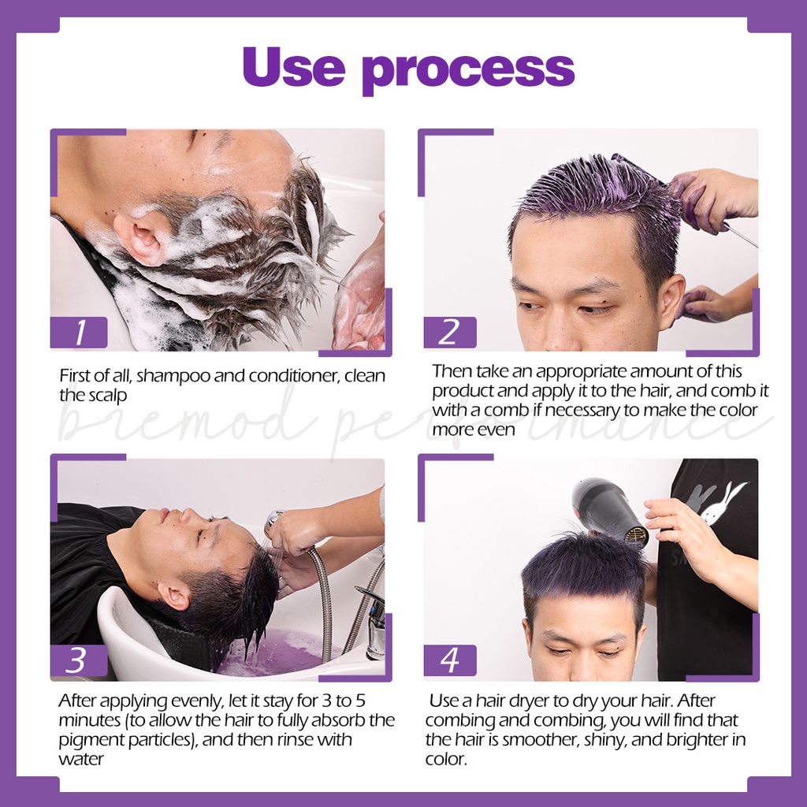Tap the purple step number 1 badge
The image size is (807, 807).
79,333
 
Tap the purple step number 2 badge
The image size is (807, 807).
449,333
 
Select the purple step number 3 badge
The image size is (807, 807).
76,661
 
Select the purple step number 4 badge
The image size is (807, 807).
449,660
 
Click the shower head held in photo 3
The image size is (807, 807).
275,521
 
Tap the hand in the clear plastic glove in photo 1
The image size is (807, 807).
359,296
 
